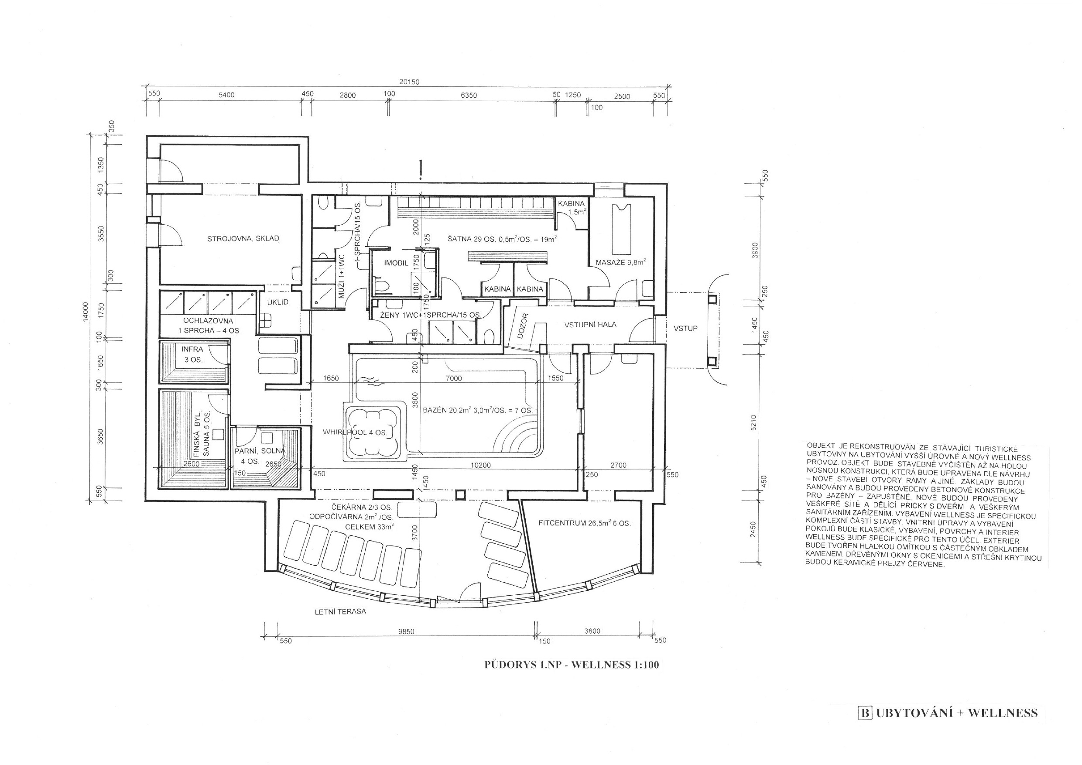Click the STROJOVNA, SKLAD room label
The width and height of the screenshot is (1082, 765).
coord(243,239)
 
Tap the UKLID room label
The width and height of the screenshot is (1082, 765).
coord(277,302)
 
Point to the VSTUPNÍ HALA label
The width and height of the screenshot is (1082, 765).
coord(590,324)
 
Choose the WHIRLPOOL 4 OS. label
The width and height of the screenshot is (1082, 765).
coord(354,432)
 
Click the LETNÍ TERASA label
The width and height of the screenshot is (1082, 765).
coord(340,612)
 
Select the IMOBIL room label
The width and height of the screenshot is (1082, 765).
coord(396,263)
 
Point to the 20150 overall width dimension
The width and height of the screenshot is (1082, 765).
coord(409,82)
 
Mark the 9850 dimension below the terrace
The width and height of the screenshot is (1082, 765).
coord(406,631)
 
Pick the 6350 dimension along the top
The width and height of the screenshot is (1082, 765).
coord(469,95)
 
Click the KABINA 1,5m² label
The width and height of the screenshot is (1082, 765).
coord(571,208)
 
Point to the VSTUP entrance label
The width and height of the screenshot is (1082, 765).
coord(685,329)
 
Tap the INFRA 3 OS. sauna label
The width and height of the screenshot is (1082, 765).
coord(192,354)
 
